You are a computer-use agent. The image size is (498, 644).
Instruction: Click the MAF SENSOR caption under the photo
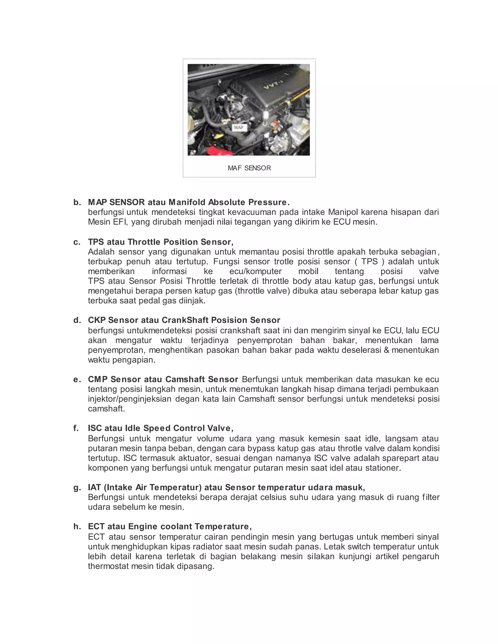tap(249, 168)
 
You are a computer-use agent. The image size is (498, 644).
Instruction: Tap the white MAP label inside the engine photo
tap(239, 127)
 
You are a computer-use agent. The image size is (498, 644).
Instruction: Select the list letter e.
tap(77, 380)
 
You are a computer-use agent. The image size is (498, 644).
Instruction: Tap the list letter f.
tap(76, 428)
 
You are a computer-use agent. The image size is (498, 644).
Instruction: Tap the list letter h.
tap(77, 527)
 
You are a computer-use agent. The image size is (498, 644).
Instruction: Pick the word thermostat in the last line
tap(108, 566)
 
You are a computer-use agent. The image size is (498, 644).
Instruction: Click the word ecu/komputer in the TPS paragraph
tap(256, 271)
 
